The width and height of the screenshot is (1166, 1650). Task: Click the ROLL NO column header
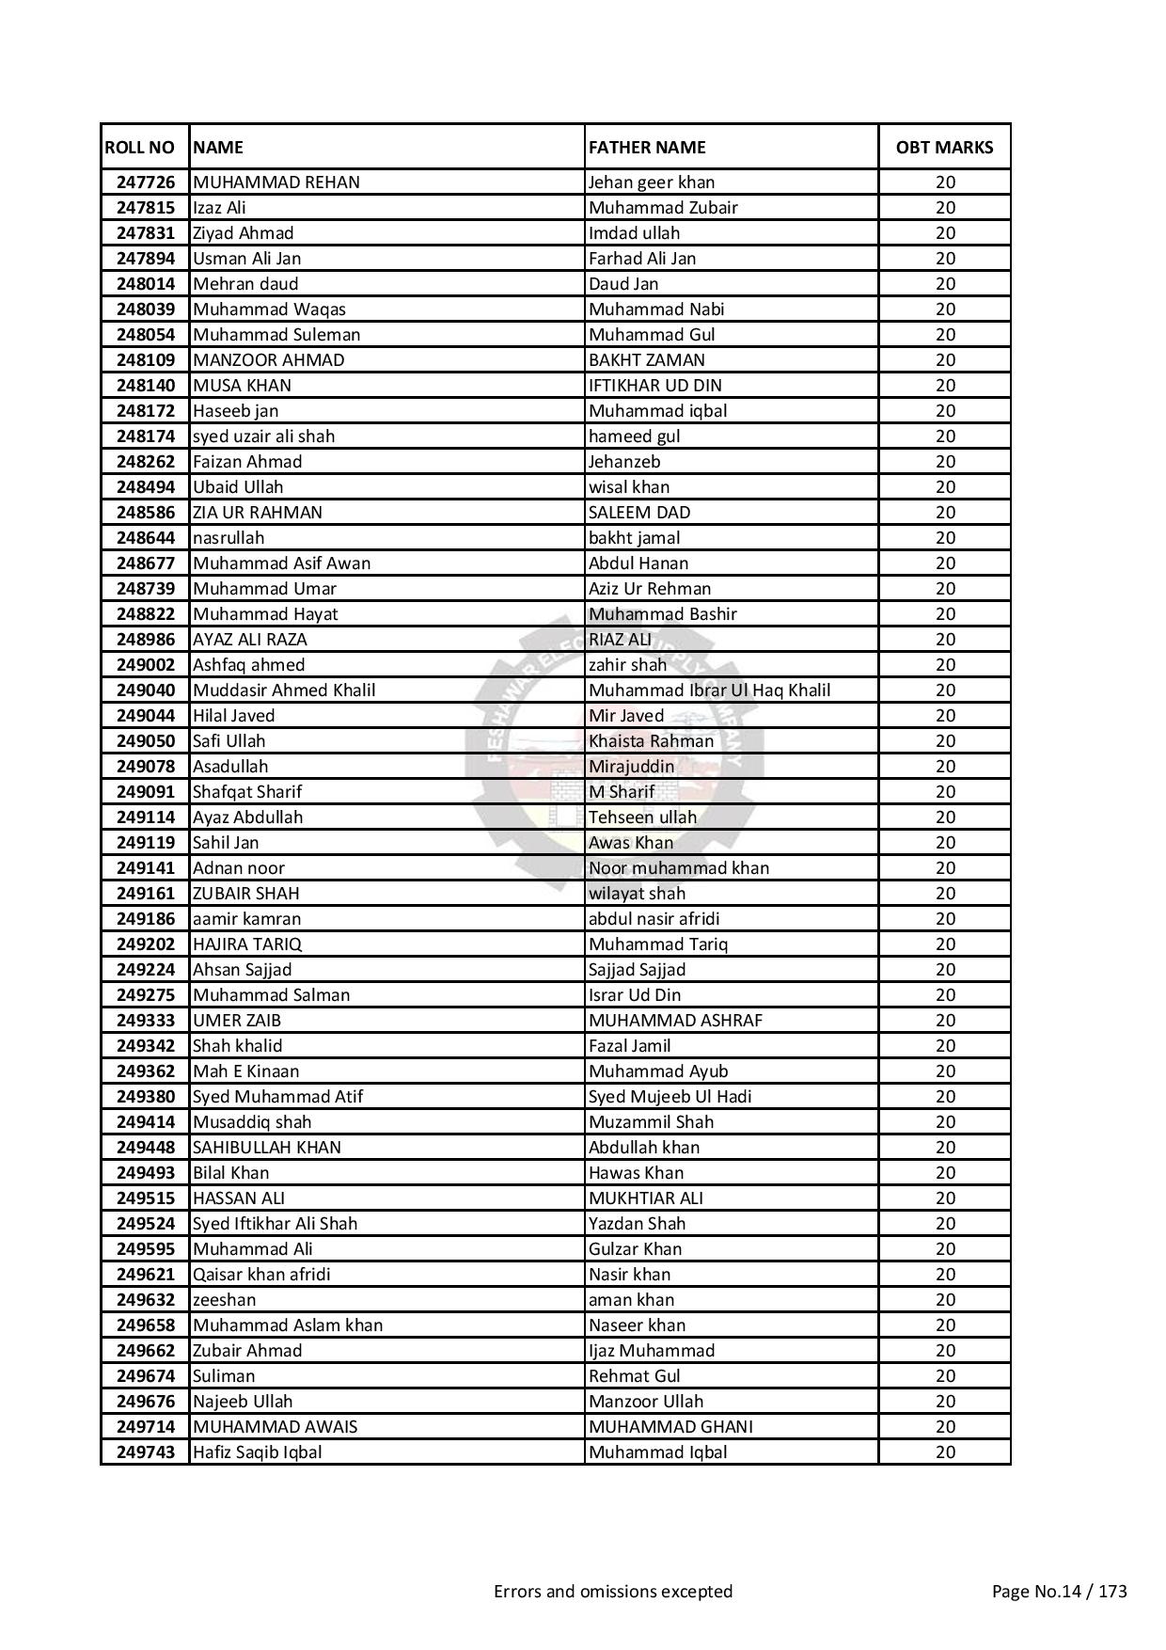pyautogui.click(x=139, y=147)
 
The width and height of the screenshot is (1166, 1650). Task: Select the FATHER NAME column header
pyautogui.click(x=647, y=147)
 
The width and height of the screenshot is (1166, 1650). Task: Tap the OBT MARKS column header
pyautogui.click(x=944, y=147)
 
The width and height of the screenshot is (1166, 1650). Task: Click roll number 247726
pyautogui.click(x=146, y=182)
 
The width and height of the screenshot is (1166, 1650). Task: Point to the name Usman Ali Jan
pyautogui.click(x=246, y=258)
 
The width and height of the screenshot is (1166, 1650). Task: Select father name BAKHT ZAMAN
pyautogui.click(x=646, y=359)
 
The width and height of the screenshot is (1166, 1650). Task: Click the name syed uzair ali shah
pyautogui.click(x=263, y=436)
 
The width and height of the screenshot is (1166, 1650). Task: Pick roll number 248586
pyautogui.click(x=146, y=512)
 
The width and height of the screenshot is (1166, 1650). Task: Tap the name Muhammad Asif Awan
pyautogui.click(x=281, y=563)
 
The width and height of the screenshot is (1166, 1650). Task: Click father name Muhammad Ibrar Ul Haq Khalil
pyautogui.click(x=709, y=690)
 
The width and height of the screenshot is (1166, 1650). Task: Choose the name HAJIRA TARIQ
pyautogui.click(x=246, y=944)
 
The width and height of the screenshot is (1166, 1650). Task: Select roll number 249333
pyautogui.click(x=146, y=1020)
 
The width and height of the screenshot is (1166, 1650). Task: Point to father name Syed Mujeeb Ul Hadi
pyautogui.click(x=670, y=1096)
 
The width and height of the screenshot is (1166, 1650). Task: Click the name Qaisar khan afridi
pyautogui.click(x=261, y=1274)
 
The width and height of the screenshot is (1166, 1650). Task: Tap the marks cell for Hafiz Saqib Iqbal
pyautogui.click(x=944, y=1452)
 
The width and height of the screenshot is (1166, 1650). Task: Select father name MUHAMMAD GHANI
pyautogui.click(x=670, y=1426)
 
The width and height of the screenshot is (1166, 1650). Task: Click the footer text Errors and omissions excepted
pyautogui.click(x=613, y=1591)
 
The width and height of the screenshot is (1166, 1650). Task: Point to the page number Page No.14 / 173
pyautogui.click(x=1059, y=1591)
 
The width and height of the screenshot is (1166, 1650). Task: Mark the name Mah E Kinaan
pyautogui.click(x=245, y=1071)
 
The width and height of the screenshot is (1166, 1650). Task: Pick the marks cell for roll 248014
pyautogui.click(x=944, y=283)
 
